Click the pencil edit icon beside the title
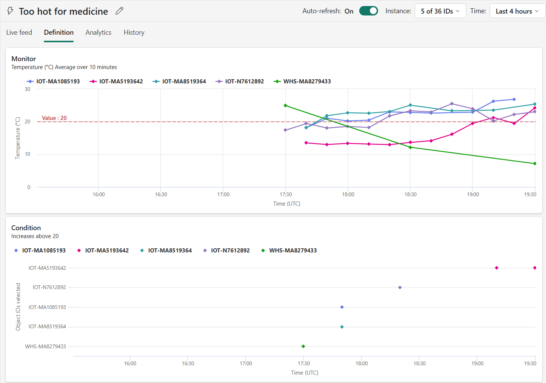pos(119,11)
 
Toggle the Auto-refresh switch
pos(368,11)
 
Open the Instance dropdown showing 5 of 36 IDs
pos(440,11)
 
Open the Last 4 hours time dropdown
pos(517,11)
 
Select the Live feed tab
pos(19,32)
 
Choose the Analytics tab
pos(98,32)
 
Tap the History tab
pos(134,32)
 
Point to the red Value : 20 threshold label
pos(54,118)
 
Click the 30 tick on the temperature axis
pos(28,89)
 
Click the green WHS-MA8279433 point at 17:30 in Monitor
pos(285,106)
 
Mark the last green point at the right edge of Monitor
pos(535,164)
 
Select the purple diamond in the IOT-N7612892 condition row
pos(400,288)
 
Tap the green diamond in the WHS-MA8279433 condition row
pos(303,346)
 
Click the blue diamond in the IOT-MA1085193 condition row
pos(342,307)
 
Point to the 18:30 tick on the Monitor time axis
pos(411,194)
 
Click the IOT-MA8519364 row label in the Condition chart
pos(47,327)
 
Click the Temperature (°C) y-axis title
pos(18,138)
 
